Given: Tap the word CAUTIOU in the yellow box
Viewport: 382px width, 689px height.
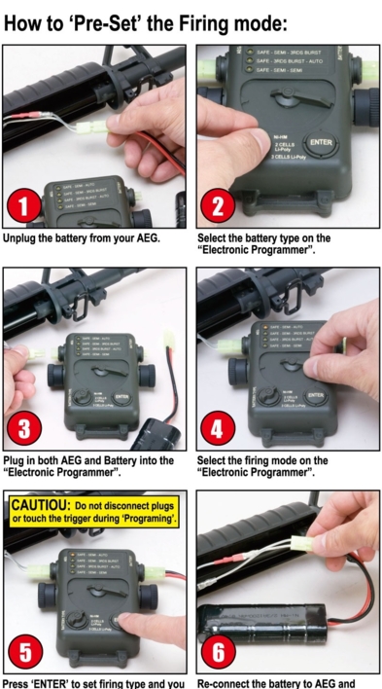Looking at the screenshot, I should [x=40, y=505].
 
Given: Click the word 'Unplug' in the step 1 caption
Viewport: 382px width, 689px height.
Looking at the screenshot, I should [x=24, y=237].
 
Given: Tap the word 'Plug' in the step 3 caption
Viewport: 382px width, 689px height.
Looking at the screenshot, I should [x=16, y=460].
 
